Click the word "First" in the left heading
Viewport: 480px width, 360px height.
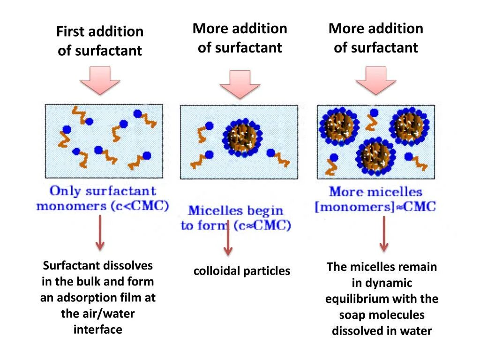(70, 32)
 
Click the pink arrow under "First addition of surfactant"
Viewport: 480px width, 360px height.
(100, 80)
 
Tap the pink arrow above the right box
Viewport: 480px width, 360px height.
(376, 80)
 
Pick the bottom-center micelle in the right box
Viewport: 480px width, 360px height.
(375, 157)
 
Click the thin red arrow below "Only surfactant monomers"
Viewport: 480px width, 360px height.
(100, 232)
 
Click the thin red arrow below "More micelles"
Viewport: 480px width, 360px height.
(384, 234)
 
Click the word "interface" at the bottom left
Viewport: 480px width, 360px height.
(98, 330)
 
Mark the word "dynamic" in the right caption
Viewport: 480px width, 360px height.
(389, 283)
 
